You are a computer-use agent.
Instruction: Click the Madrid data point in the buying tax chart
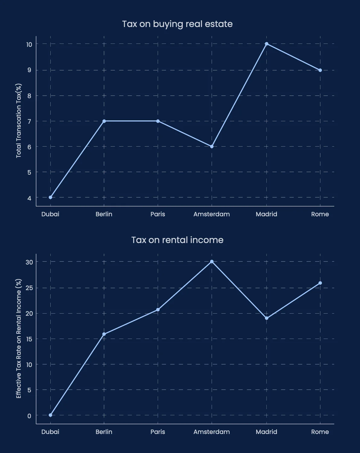[x=266, y=44]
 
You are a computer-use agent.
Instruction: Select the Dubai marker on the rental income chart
[x=50, y=415]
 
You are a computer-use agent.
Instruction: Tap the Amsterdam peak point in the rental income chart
[x=212, y=262]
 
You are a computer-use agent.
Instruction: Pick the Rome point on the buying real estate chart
[x=320, y=70]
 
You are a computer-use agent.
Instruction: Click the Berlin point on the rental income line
[x=104, y=334]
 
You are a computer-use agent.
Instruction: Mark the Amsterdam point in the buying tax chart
[x=212, y=146]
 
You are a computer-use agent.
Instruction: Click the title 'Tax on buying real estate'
[x=177, y=24]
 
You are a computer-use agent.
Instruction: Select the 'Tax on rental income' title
[x=177, y=240]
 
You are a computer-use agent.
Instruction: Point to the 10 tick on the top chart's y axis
[x=29, y=45]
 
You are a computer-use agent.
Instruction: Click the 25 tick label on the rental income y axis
[x=29, y=288]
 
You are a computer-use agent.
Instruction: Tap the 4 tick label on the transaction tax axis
[x=29, y=198]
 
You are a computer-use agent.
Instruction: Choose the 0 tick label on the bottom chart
[x=29, y=416]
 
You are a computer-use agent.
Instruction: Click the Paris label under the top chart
[x=158, y=214]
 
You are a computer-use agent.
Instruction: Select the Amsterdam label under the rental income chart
[x=212, y=432]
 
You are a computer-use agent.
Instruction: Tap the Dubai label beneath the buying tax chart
[x=50, y=214]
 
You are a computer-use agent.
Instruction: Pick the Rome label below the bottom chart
[x=320, y=432]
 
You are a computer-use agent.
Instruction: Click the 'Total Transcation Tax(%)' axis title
[x=19, y=121]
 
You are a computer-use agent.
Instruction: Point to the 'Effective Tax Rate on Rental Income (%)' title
[x=19, y=339]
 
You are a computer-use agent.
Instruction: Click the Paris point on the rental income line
[x=158, y=310]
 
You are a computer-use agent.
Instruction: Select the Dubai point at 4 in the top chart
[x=50, y=197]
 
